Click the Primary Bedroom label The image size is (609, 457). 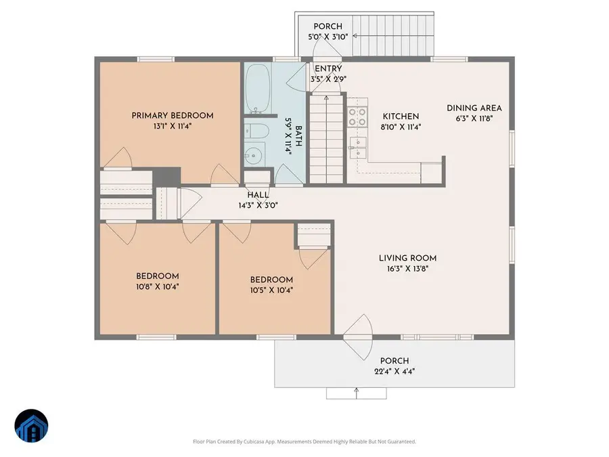[x=173, y=116]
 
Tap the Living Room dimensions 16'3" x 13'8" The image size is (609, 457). [x=407, y=268]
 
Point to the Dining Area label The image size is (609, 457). [x=474, y=108]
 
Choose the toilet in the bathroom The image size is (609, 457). [x=256, y=131]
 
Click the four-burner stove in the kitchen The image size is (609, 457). [x=357, y=117]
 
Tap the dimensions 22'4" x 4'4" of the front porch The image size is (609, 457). [x=394, y=371]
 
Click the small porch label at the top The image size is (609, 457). [x=327, y=26]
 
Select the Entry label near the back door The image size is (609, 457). [x=328, y=68]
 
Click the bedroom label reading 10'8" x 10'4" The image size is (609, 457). [x=158, y=286]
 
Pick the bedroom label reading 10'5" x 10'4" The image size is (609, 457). [x=271, y=290]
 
